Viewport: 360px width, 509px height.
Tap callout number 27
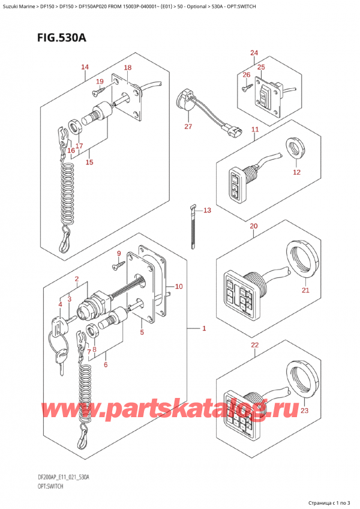[188, 127]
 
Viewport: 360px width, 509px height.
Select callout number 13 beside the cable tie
[207, 210]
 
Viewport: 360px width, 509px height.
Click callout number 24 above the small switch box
[254, 53]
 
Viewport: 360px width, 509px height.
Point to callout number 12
[296, 172]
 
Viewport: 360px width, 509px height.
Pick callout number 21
[305, 291]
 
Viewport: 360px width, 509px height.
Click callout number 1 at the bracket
[204, 328]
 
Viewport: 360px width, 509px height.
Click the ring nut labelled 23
[300, 379]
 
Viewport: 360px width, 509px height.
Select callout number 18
[127, 68]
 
